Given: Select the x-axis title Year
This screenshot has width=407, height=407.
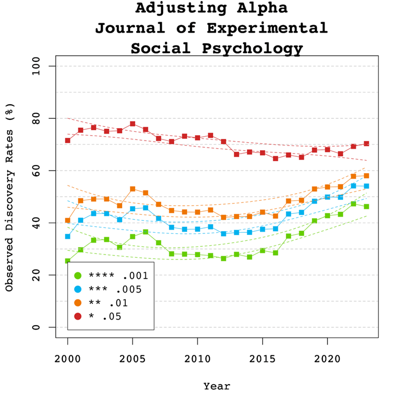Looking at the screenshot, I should click(217, 386).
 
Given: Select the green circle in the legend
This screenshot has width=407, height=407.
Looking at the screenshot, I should click(78, 275).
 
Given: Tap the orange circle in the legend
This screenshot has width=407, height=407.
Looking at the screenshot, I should click(78, 303).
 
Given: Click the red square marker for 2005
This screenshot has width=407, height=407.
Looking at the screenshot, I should click(132, 124).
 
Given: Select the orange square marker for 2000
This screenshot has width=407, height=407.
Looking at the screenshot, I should click(68, 220).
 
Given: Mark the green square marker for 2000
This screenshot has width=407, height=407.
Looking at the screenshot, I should click(68, 261).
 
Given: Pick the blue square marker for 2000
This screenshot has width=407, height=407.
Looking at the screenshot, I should click(68, 237).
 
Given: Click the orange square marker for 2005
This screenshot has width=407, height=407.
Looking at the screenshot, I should click(132, 189).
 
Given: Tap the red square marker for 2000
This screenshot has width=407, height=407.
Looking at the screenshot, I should click(68, 141).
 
